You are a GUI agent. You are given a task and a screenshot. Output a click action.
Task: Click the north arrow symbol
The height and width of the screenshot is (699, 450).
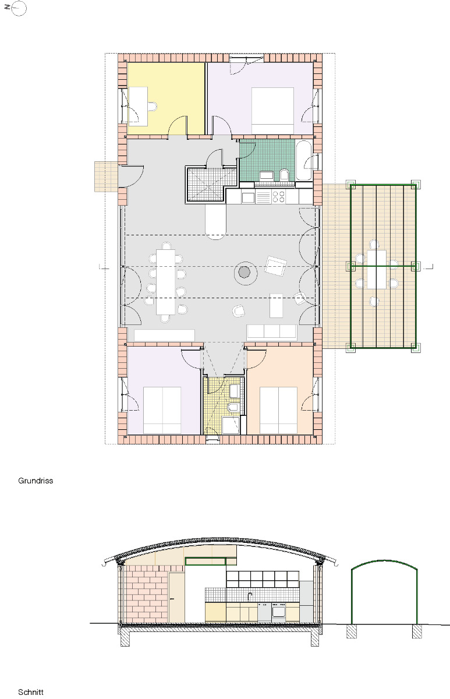[18, 9]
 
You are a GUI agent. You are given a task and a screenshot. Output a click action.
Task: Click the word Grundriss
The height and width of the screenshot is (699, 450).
[36, 481]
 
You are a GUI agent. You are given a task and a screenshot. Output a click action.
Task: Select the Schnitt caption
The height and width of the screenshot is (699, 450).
[31, 692]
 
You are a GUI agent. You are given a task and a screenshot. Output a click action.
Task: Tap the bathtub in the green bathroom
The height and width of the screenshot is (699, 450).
[304, 160]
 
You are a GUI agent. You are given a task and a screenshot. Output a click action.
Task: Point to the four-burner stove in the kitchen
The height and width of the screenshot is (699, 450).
[278, 197]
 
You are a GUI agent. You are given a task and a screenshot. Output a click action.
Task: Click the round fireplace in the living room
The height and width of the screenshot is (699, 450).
[245, 271]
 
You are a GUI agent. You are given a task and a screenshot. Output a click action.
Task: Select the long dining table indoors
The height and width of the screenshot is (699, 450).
[165, 281]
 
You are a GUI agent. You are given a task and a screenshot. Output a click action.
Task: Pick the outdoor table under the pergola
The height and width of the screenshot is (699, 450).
[377, 269]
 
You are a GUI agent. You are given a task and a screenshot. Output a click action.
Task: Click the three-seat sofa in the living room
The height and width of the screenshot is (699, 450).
[272, 332]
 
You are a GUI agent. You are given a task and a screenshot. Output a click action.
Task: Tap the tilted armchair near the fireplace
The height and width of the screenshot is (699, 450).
[275, 266]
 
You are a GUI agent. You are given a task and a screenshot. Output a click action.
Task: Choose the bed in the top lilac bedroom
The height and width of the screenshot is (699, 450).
[272, 110]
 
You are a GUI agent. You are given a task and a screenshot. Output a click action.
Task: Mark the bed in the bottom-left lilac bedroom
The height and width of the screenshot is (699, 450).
[162, 410]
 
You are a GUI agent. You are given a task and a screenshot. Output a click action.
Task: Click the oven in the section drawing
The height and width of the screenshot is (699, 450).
[278, 612]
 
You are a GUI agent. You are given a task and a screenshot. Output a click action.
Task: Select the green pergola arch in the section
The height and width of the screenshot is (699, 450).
[384, 565]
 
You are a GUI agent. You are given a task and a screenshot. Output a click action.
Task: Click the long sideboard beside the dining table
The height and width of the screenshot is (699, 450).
[164, 335]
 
